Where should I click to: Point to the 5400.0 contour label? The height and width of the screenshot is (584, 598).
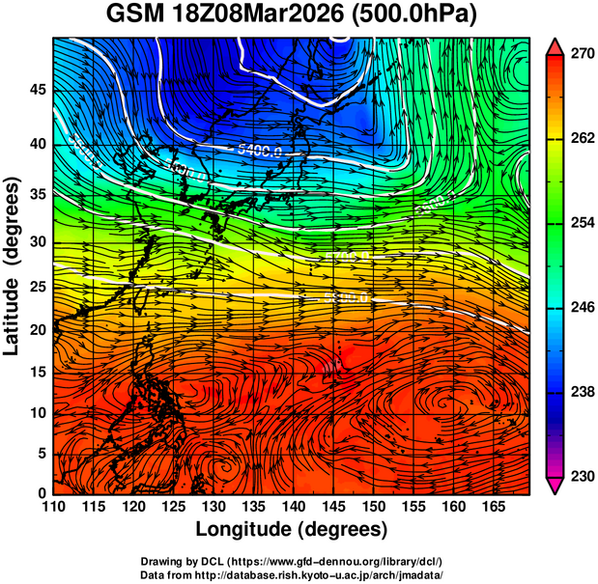point(260,150)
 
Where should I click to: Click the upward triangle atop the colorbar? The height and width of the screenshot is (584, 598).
point(555,45)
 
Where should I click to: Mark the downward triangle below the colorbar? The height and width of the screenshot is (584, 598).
point(555,486)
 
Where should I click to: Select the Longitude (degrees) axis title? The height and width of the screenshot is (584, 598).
point(292,529)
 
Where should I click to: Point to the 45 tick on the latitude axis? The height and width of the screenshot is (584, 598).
point(37,90)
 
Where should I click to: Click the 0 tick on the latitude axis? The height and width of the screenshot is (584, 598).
point(42,494)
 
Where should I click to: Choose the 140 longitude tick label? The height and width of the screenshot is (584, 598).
point(293,508)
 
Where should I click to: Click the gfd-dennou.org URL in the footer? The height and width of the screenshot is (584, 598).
point(353,561)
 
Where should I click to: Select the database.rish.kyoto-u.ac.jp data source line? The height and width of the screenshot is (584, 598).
point(292,573)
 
